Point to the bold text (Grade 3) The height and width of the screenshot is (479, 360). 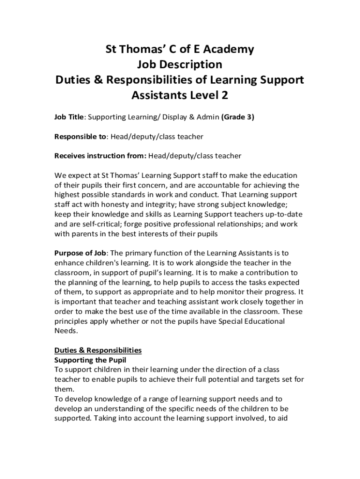(x=238, y=117)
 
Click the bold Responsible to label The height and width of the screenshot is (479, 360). (x=81, y=137)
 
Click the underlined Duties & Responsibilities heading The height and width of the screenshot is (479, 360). (x=98, y=350)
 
